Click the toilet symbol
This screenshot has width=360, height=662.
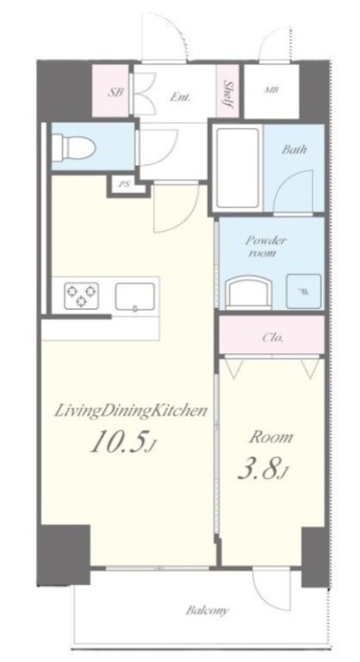pos(79,147)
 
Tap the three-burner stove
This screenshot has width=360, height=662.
pos(81,295)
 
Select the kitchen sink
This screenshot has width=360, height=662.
pos(135,297)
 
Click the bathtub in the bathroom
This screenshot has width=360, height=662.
pos(237,168)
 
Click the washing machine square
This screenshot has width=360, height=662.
pos(304,291)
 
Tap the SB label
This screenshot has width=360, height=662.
pos(116,92)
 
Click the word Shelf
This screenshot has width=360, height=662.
pos(228,94)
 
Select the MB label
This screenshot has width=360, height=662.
pos(271,90)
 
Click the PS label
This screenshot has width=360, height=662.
pos(123,184)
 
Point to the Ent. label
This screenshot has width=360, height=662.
pos(180,97)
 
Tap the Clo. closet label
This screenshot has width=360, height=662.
pos(272,338)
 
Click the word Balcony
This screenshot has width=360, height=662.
pos(208,611)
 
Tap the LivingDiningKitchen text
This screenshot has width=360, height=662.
pos(131,411)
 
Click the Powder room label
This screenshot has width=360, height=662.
pos(266,247)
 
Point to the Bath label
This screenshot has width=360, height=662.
pos(295,149)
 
